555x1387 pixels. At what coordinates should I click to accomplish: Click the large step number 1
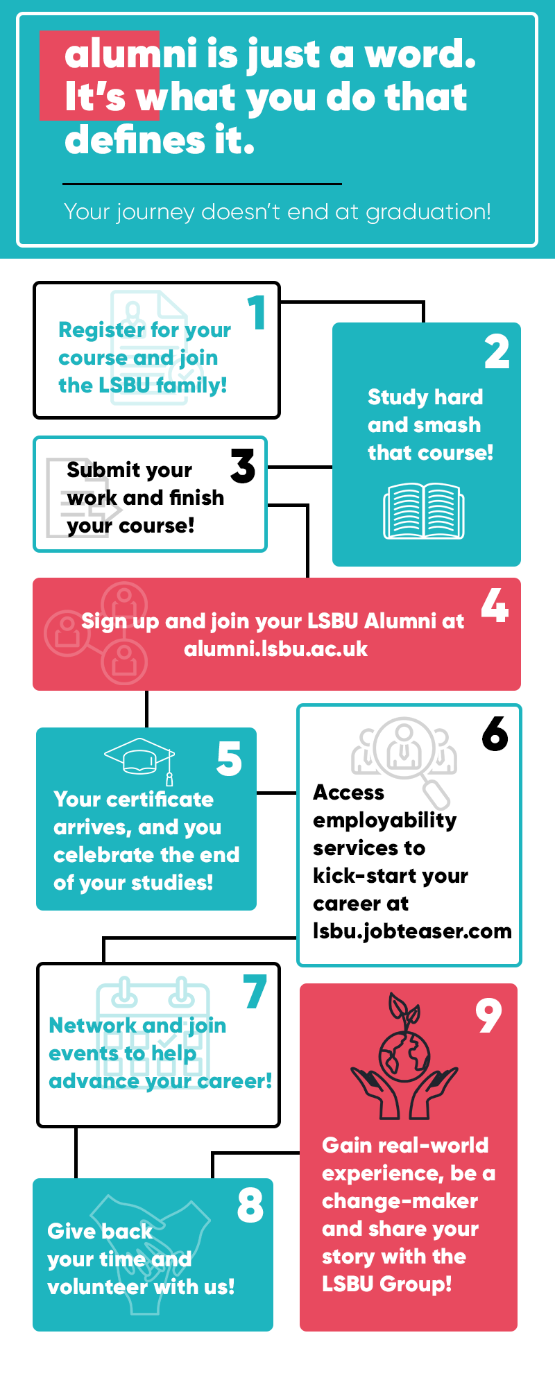click(257, 312)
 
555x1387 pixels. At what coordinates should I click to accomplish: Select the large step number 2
click(497, 352)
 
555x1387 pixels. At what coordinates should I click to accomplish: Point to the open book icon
click(424, 512)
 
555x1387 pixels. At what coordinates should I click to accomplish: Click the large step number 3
click(243, 465)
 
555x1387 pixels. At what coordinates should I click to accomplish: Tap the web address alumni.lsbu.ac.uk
click(276, 649)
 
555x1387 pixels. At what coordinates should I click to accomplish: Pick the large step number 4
click(495, 605)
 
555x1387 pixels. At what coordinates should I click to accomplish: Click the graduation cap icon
click(140, 760)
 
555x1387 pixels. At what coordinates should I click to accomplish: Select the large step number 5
click(230, 759)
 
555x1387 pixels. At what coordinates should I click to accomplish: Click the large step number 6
click(495, 734)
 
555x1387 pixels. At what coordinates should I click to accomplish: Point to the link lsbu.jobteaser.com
click(412, 931)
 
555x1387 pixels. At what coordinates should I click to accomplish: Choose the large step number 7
click(255, 992)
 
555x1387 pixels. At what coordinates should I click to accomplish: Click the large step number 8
click(250, 1205)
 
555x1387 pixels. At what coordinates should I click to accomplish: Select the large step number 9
click(488, 1015)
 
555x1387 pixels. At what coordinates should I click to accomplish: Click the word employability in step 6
click(385, 821)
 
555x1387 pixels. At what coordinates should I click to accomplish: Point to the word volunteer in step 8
click(98, 1287)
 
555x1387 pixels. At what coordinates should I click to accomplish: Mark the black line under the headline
click(203, 184)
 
